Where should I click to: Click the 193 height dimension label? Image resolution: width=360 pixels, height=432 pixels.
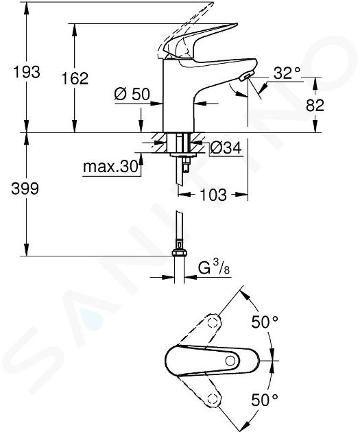pos(27,72)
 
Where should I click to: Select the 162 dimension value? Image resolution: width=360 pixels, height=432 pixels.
pos(75,79)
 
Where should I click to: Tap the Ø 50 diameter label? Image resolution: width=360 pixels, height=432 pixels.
pos(132,94)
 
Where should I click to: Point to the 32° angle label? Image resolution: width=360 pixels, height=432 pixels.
pos(287,73)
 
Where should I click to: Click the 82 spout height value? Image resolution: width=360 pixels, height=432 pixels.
pos(315,105)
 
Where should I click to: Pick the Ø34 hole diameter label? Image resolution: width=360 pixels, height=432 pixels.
pos(226,147)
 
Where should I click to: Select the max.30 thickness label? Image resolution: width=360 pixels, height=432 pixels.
pos(110,167)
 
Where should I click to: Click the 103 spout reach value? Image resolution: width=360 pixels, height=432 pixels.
pos(213,195)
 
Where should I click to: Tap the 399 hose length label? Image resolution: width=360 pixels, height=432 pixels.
pos(25,189)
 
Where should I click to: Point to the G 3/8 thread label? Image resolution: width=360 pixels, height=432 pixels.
pos(214,268)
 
